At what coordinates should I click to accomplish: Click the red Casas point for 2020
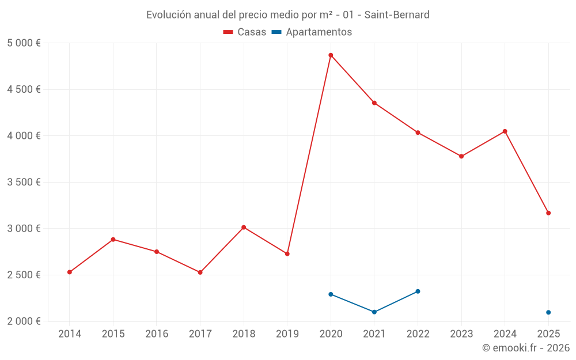pyautogui.click(x=331, y=55)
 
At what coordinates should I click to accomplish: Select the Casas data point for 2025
pyautogui.click(x=548, y=213)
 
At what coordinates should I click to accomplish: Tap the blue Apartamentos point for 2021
pyautogui.click(x=374, y=312)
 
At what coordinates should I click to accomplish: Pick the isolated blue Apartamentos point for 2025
pyautogui.click(x=548, y=312)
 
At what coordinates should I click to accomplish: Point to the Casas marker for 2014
pyautogui.click(x=70, y=272)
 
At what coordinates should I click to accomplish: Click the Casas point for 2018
pyautogui.click(x=244, y=228)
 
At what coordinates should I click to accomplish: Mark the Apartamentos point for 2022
pyautogui.click(x=418, y=291)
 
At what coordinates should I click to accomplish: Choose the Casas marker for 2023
pyautogui.click(x=461, y=156)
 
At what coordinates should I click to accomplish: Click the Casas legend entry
pyautogui.click(x=245, y=32)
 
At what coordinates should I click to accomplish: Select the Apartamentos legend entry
pyautogui.click(x=312, y=32)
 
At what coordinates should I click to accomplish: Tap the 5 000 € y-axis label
pyautogui.click(x=24, y=43)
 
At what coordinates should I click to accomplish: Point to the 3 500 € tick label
pyautogui.click(x=24, y=182)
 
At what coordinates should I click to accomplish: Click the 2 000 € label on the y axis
pyautogui.click(x=24, y=321)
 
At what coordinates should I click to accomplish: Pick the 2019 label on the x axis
pyautogui.click(x=287, y=334)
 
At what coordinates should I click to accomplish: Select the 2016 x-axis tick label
pyautogui.click(x=157, y=334)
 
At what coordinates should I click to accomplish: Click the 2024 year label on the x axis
pyautogui.click(x=505, y=334)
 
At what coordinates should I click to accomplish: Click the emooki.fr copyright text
pyautogui.click(x=526, y=348)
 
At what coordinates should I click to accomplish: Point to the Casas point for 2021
pyautogui.click(x=374, y=103)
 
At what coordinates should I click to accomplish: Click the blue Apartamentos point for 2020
pyautogui.click(x=331, y=294)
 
